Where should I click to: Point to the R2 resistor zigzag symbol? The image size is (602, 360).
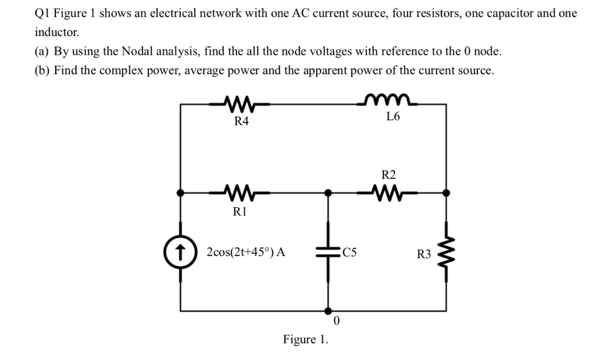click(x=388, y=192)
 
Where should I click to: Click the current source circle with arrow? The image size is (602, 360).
click(x=180, y=252)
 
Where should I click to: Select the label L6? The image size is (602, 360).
click(x=393, y=117)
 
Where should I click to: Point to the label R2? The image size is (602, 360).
click(x=389, y=175)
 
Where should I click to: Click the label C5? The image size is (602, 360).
click(x=349, y=254)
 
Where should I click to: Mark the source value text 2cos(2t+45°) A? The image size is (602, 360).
click(x=246, y=252)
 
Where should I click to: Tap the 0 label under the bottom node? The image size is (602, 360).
click(x=336, y=321)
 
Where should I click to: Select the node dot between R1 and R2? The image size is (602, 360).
click(x=328, y=192)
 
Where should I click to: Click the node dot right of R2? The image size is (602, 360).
click(x=446, y=192)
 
